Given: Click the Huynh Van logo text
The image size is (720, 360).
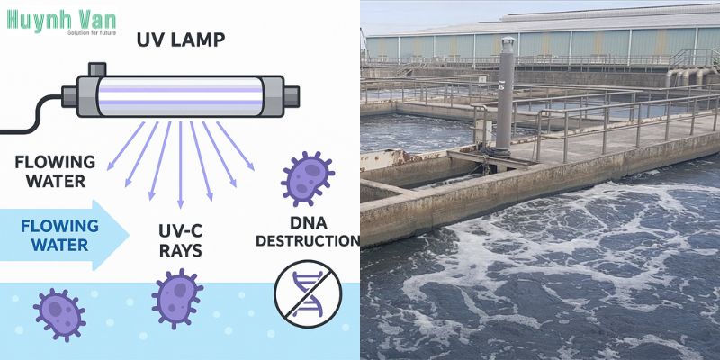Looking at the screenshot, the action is point(61,20).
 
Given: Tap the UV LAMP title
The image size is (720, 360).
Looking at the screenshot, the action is point(181,40).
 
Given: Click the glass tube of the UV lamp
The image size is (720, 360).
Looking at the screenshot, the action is point(181,96).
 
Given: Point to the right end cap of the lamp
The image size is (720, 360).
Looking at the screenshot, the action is point(292,96).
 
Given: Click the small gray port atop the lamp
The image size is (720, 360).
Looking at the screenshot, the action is point(97,69).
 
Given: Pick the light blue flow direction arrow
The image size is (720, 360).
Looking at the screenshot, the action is point(64,235).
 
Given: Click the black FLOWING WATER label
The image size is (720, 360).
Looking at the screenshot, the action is point(55,171).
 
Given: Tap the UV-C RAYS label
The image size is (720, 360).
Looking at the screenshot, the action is point(181,240).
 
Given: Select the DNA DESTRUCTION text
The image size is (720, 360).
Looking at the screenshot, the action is point(308,231).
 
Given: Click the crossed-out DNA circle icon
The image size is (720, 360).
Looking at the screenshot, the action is point(308,294).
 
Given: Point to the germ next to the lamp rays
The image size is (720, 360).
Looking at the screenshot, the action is point(307,178).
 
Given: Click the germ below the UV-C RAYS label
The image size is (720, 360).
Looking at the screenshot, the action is point(177,299).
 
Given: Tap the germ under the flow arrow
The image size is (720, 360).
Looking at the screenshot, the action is point(59,315).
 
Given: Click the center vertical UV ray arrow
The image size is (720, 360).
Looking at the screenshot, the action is point(181,165).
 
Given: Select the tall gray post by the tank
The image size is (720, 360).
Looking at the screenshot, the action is point(505,95).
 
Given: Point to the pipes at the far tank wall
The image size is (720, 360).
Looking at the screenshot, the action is point(688,77).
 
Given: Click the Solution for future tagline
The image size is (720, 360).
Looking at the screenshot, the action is point(92,32).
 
